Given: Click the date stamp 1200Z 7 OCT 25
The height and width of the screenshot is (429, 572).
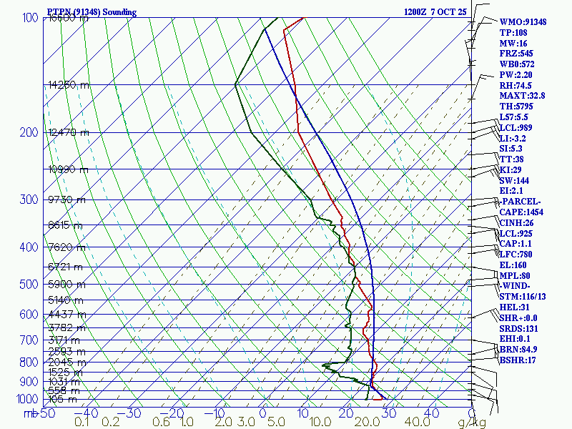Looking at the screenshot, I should coord(435,12).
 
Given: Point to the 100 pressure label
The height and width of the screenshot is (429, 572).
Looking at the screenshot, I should coord(30,18).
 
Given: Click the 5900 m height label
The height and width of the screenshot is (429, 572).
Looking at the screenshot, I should coord(66,285).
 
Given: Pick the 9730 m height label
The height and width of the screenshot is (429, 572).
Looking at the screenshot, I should coord(66,200).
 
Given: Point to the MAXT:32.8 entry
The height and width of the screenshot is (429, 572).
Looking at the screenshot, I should coord(522,96).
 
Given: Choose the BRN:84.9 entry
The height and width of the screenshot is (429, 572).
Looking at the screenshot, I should coord(518,350).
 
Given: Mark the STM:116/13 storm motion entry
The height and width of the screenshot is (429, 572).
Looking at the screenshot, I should coord(523,297).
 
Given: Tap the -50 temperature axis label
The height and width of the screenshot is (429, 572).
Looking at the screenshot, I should coord(46,413).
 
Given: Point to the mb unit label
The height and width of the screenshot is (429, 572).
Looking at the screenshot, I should coord(29,413).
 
